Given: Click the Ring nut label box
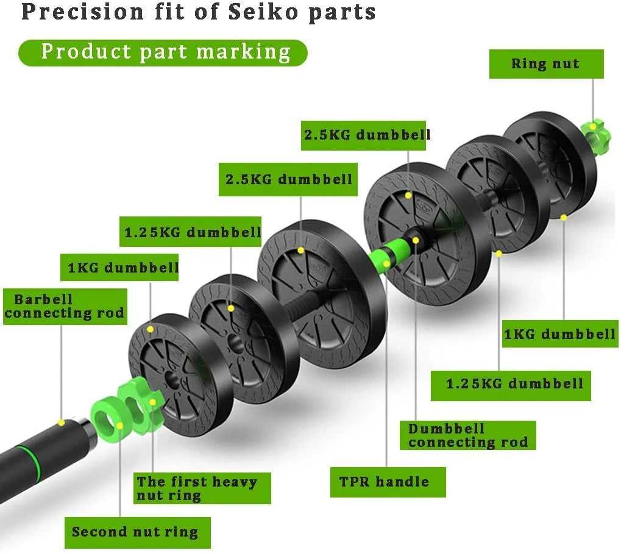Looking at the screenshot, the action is pos(546,64).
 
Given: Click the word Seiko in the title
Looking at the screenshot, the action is pos(263,12).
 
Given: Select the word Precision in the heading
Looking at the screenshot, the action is pos(82,12).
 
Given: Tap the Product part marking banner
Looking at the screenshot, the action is pos(163,52).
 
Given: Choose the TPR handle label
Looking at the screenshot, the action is pos(388,482).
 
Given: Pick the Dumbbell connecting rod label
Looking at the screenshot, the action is pos(467,435).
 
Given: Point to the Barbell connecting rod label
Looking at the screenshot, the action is pos(65,307).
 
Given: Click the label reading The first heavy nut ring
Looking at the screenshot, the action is pos(202,488).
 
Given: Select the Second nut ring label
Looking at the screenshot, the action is pos(138,532).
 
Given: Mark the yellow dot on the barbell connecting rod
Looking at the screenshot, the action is pos(61,423).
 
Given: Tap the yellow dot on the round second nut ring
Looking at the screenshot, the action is pos(120,426).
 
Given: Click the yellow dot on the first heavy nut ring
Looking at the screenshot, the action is pos(152,402).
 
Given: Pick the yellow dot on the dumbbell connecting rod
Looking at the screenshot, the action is pos(416,240).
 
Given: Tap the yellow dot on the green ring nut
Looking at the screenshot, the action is pos(592,127).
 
